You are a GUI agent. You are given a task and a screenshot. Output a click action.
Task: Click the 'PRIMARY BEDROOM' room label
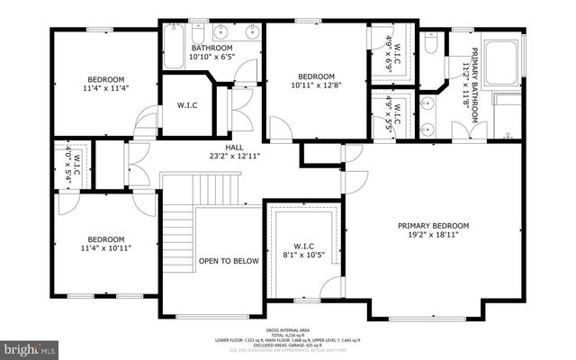(434, 226)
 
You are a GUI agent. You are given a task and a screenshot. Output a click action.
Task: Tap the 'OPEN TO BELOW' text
(229, 261)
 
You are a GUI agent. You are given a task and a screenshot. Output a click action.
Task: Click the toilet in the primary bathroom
(431, 42)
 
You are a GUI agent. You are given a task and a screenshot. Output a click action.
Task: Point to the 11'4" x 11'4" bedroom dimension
(106, 88)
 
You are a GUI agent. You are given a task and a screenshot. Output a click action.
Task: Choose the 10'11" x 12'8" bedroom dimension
(316, 85)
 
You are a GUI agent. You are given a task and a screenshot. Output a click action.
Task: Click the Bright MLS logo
(30, 346)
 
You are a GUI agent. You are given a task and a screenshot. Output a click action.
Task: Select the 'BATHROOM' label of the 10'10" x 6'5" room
(211, 48)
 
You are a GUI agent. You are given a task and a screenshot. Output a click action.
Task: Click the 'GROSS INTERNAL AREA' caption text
(288, 330)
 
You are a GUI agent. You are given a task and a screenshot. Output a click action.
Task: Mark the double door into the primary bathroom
(467, 131)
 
